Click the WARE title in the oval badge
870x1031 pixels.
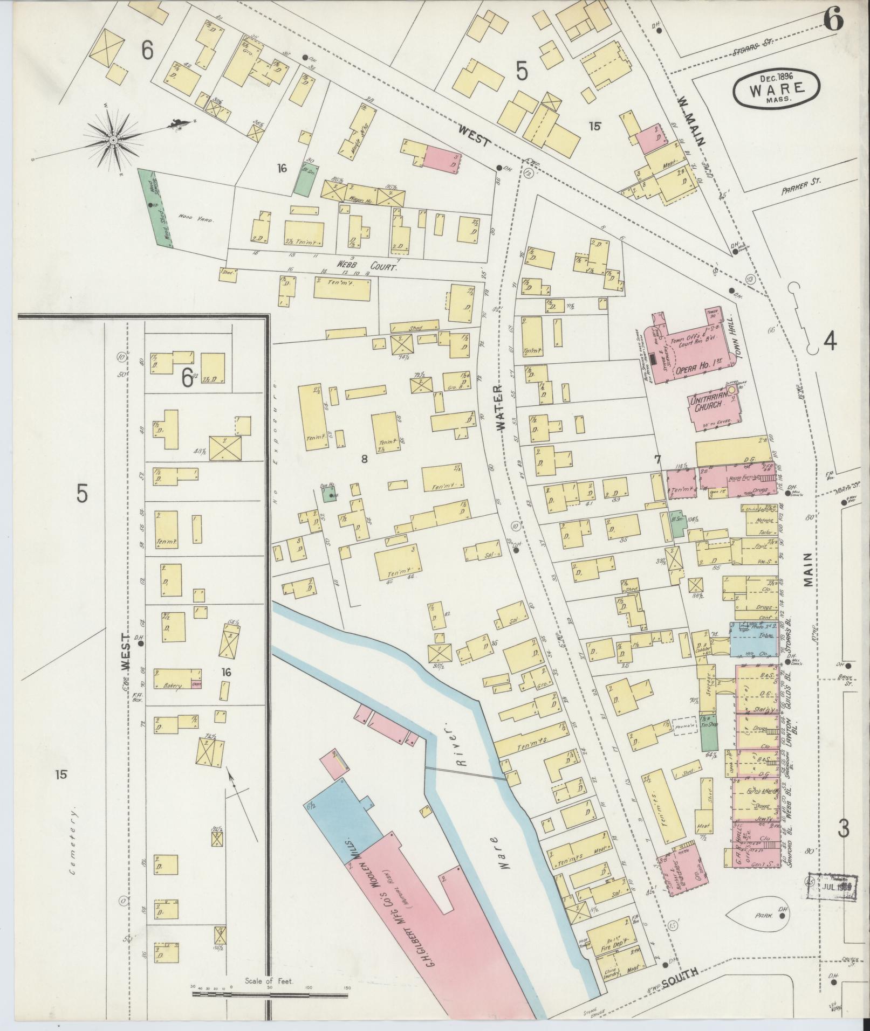tap(776, 88)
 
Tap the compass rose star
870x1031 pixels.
tap(113, 141)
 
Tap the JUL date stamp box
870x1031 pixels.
tap(833, 885)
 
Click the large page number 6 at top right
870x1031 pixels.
tap(833, 20)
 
